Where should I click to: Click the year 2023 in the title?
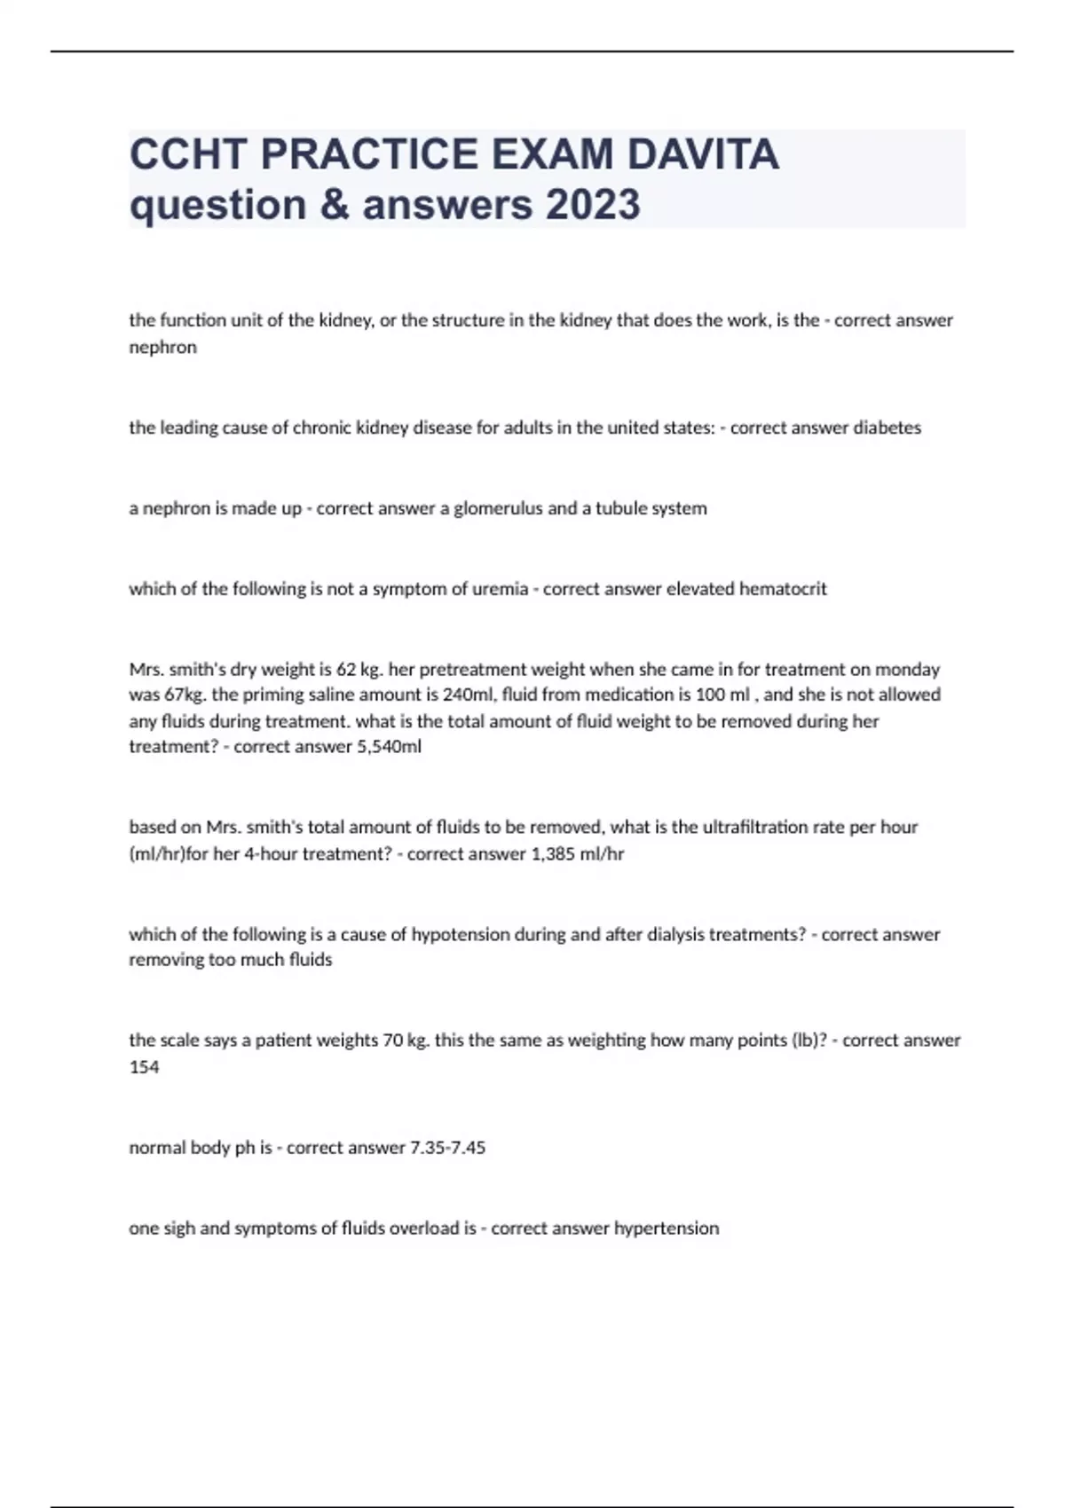(x=592, y=205)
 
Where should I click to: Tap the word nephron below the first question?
(x=162, y=347)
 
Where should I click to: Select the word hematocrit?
(x=783, y=589)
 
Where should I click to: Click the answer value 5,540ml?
(x=389, y=747)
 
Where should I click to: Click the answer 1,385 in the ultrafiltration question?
(x=549, y=854)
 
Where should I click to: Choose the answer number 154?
(x=144, y=1067)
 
